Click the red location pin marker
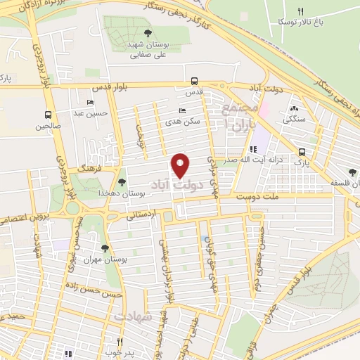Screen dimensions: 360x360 [x=181, y=165]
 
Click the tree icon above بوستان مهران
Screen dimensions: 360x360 [x=105, y=247]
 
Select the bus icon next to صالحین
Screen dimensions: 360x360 [x=48, y=115]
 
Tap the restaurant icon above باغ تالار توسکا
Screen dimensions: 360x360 [x=301, y=11]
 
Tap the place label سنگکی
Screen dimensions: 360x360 [x=294, y=120]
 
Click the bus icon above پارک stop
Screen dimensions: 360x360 [x=302, y=151]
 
